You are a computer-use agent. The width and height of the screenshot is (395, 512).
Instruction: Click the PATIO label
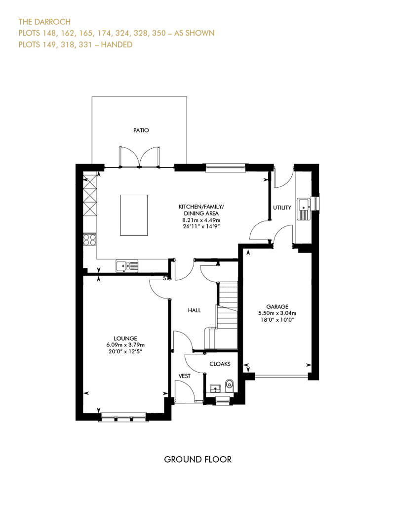click(x=141, y=130)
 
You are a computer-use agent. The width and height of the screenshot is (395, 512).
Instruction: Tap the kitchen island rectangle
click(x=134, y=215)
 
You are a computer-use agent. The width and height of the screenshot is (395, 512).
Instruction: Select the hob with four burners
click(x=90, y=240)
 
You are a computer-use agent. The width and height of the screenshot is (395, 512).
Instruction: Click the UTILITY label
click(x=282, y=208)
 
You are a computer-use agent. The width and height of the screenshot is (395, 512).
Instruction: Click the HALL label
click(x=194, y=310)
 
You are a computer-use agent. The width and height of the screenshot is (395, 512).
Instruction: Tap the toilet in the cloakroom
click(x=229, y=385)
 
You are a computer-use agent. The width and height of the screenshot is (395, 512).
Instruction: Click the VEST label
click(x=184, y=376)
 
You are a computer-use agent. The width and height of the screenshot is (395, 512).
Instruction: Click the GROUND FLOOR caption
click(x=197, y=460)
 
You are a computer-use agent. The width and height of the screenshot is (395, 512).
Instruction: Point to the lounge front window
click(x=123, y=418)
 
